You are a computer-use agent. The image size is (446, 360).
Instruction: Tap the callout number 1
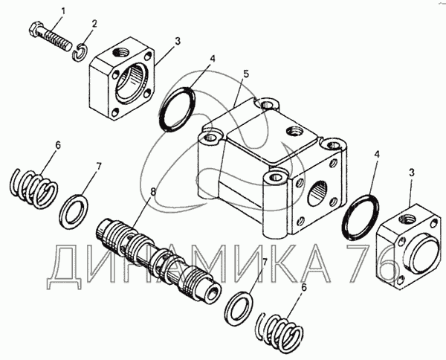point(63,11)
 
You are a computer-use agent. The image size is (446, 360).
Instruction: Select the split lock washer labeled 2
point(80,51)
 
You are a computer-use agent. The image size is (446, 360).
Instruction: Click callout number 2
point(94,24)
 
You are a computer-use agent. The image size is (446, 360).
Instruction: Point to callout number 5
point(246,74)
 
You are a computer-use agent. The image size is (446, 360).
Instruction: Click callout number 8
point(153,191)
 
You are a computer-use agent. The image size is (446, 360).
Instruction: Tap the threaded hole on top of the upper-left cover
point(120,52)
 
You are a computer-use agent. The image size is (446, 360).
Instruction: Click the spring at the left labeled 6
point(34,189)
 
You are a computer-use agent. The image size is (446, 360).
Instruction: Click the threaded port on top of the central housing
point(294,132)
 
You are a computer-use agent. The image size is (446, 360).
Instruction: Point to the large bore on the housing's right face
point(317,193)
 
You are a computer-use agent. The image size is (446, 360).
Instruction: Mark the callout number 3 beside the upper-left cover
point(178,41)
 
